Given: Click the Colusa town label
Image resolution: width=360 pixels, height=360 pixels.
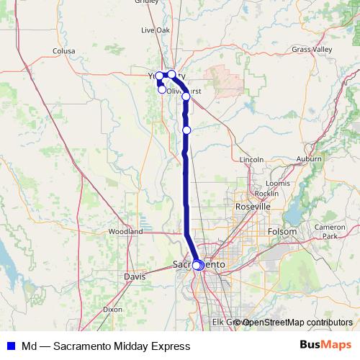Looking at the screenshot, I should [x=63, y=51].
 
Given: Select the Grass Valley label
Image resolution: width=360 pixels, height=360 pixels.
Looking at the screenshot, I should [x=312, y=49].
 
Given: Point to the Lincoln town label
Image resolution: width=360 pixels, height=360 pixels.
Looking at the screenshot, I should [x=251, y=158].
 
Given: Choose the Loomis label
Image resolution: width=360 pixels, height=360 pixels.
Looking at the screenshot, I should [x=277, y=184].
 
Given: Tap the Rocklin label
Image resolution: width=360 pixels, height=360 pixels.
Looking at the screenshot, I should [x=266, y=194].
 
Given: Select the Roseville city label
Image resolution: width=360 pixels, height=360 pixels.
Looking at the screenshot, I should [x=253, y=206].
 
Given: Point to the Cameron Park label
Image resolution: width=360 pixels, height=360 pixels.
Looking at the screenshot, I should [x=329, y=231].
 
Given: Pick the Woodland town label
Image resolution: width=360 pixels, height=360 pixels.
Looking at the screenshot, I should [x=125, y=232].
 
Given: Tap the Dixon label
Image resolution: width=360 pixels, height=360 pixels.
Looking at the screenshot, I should [x=112, y=309].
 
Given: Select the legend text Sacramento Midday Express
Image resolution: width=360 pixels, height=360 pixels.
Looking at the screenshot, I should [x=106, y=346].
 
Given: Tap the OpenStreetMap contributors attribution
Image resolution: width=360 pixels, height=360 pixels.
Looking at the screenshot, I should [x=297, y=322].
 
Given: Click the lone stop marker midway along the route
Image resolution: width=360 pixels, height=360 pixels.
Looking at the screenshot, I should [x=186, y=130].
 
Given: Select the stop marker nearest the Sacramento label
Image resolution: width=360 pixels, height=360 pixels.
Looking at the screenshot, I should [x=197, y=265].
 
